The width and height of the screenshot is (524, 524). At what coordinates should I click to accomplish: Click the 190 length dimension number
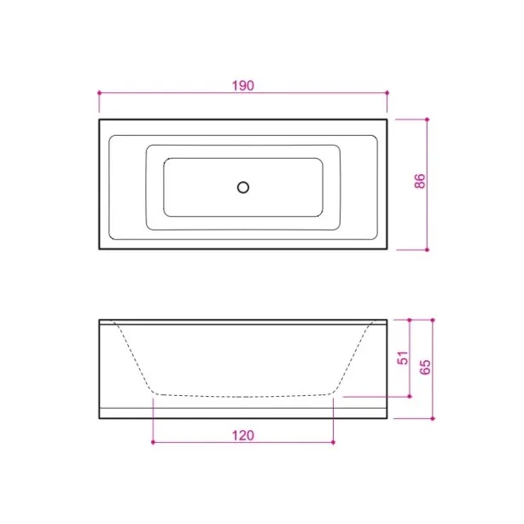tap(243, 85)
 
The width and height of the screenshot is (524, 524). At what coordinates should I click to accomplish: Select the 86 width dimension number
tap(420, 181)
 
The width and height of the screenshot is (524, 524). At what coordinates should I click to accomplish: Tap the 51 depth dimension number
tap(403, 358)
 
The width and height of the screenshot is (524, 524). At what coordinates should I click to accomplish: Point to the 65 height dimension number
tap(425, 367)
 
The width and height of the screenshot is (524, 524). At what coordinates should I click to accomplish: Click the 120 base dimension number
tap(243, 435)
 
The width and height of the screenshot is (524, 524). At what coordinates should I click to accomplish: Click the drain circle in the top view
tap(243, 188)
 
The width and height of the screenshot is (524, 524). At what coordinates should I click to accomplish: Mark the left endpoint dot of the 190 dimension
tap(99, 92)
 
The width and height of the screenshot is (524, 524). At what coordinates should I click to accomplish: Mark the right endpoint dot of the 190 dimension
tap(387, 92)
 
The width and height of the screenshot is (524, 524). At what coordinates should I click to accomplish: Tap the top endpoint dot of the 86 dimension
tap(427, 119)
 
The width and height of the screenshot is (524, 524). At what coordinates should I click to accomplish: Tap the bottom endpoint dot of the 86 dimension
tap(427, 250)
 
